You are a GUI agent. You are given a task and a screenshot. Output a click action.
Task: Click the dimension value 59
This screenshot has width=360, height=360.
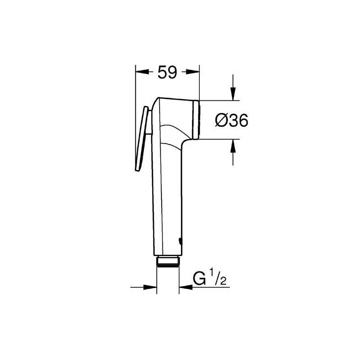click(x=167, y=72)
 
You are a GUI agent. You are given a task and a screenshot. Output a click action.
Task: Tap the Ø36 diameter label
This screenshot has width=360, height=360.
click(x=232, y=120)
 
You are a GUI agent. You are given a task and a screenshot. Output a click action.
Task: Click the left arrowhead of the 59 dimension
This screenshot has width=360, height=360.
click(x=141, y=72)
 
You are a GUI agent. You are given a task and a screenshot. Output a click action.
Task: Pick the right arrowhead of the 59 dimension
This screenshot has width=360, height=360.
click(x=193, y=72)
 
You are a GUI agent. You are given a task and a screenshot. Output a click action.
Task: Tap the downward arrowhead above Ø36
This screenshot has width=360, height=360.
click(x=233, y=94)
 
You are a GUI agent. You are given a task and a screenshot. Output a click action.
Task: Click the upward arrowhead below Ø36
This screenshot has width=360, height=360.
click(x=233, y=145)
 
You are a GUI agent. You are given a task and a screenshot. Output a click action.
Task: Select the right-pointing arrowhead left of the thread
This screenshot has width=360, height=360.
click(x=150, y=287)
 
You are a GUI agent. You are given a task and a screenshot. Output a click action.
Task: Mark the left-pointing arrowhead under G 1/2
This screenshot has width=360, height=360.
click(x=185, y=287)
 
